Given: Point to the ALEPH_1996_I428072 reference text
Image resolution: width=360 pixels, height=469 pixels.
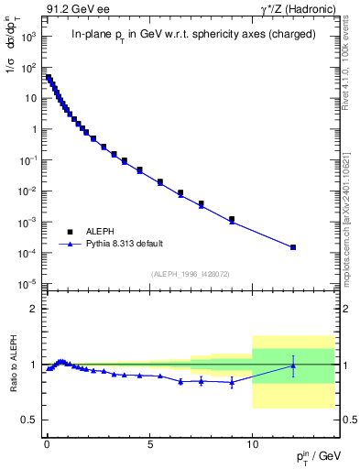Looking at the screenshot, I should point(189,274).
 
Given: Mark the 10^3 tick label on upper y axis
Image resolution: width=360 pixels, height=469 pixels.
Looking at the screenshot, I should point(29,36).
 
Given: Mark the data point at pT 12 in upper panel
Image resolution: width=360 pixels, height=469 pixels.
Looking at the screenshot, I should point(293,247).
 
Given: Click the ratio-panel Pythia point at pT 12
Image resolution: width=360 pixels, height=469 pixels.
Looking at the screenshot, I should point(293,365).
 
